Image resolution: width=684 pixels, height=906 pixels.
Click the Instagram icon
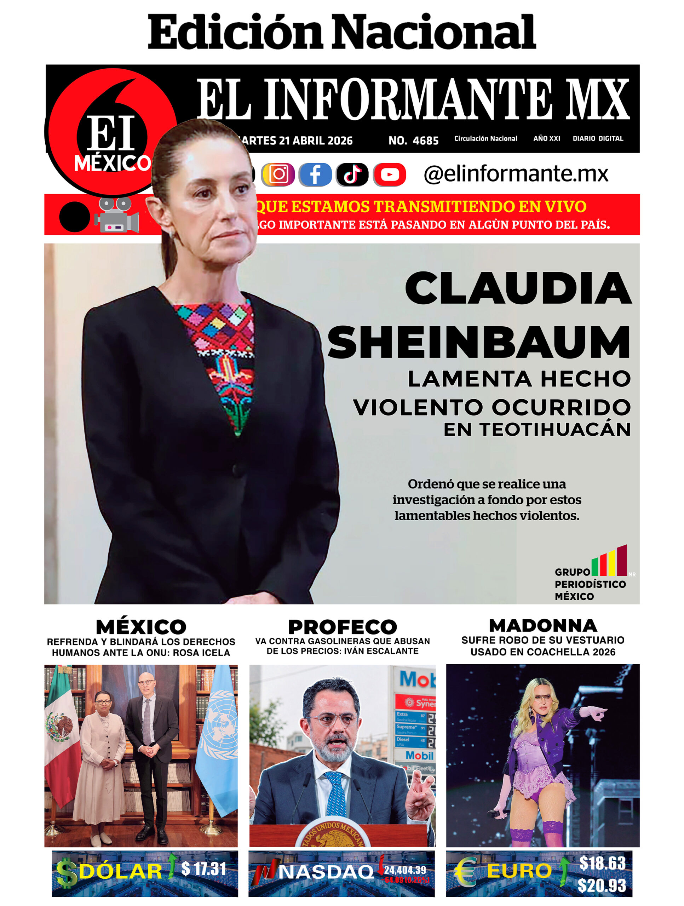pyautogui.click(x=278, y=174)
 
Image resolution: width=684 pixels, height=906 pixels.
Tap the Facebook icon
pyautogui.click(x=315, y=174)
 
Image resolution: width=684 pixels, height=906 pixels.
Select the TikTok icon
pyautogui.click(x=352, y=174)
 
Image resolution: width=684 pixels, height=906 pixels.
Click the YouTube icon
pyautogui.click(x=389, y=174)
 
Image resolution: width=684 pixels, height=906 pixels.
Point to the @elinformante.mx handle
pyautogui.click(x=516, y=174)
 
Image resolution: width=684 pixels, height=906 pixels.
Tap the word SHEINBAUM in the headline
pyautogui.click(x=478, y=343)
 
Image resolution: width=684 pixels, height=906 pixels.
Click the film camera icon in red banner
pyautogui.click(x=117, y=215)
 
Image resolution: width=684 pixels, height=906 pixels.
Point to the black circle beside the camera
pyautogui.click(x=75, y=217)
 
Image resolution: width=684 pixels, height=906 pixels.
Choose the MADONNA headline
pyautogui.click(x=543, y=625)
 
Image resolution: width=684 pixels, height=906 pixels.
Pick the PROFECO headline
pyautogui.click(x=343, y=627)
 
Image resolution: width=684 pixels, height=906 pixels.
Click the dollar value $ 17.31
pyautogui.click(x=203, y=868)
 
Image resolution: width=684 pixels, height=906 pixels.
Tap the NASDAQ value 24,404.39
pyautogui.click(x=405, y=870)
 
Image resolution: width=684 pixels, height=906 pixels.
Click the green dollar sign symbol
pyautogui.click(x=67, y=872)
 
